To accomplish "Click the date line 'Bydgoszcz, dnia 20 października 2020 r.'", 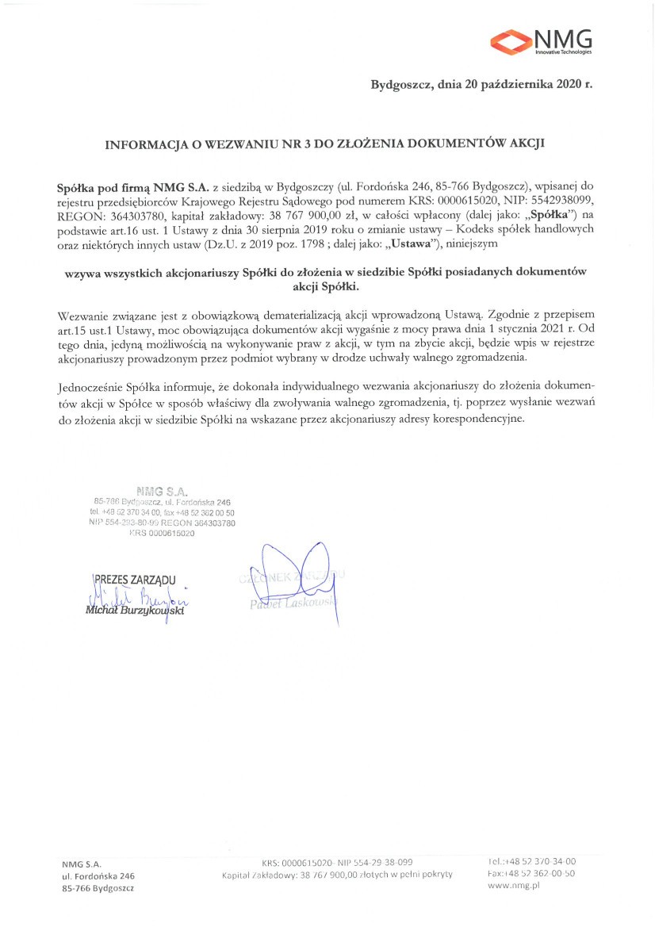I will click(481, 84).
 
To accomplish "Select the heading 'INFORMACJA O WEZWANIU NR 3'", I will click(229, 145).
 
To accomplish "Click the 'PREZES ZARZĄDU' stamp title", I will click(136, 579).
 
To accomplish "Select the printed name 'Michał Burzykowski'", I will click(137, 611).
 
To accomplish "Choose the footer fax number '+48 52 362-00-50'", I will click(533, 873).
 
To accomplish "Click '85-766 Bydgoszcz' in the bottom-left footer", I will click(98, 888).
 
